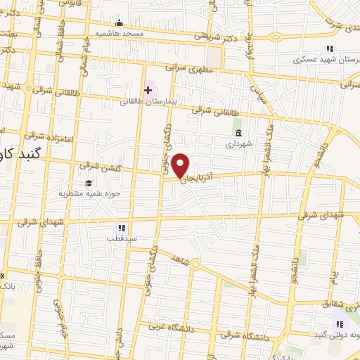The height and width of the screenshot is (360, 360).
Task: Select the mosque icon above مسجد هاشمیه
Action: click(x=120, y=23)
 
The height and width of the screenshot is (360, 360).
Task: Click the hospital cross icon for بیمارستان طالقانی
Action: click(x=148, y=90)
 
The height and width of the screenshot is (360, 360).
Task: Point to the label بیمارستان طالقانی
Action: click(x=148, y=101)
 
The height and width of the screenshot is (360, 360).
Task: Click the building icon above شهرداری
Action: click(x=238, y=132)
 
